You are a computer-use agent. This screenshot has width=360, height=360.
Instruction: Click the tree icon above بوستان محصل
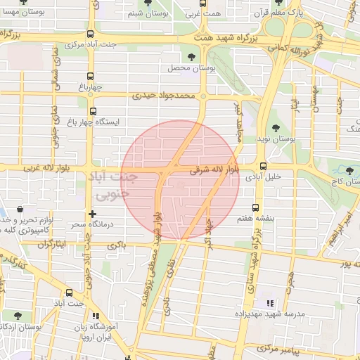point(191,57)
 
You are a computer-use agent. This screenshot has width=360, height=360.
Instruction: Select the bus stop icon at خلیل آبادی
point(263,167)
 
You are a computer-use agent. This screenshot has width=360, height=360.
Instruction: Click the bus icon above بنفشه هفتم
point(255,207)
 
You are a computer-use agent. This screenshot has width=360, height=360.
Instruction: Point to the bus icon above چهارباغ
point(89,77)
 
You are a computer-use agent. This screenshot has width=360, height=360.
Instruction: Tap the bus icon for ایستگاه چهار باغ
point(92,111)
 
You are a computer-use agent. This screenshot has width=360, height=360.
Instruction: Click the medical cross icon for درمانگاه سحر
point(91,214)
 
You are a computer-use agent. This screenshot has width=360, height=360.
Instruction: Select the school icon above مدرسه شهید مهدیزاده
point(269,303)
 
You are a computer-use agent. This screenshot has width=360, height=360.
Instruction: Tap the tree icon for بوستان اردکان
point(16,316)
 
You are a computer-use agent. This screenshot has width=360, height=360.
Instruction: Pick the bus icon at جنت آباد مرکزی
point(91,34)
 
